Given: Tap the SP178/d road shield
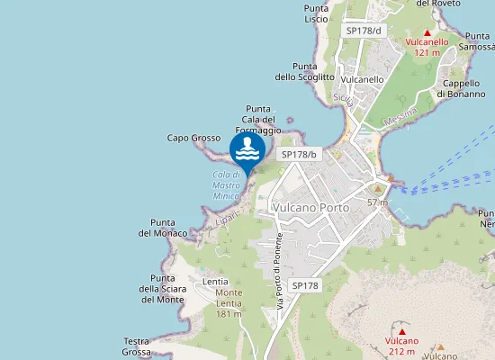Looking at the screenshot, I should point(364,31).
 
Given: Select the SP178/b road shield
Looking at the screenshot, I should point(299,154).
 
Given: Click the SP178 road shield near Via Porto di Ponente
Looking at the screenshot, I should point(305,285).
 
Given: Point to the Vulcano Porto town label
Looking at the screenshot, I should point(309,207).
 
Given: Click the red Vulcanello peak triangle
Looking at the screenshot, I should point(427,31).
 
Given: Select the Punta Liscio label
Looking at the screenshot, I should point(316,13).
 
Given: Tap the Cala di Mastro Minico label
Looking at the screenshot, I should point(226,184).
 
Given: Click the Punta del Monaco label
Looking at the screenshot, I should point(163,228).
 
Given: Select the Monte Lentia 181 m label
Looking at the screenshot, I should point(229,302).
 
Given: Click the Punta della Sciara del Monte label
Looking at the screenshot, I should point(163,289).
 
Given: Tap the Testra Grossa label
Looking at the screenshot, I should point(137,346).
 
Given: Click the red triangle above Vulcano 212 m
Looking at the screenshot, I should point(401,330).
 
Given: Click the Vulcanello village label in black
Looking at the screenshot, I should point(363,79).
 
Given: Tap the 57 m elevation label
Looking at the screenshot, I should point(377,202).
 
